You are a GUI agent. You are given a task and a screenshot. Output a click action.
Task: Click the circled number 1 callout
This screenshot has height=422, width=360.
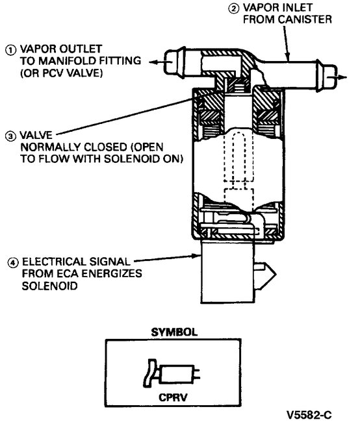(x=9, y=49)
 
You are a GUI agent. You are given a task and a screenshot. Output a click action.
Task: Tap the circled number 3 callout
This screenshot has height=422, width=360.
(x=9, y=137)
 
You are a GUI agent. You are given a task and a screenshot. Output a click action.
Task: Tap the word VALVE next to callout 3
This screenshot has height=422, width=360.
(x=36, y=137)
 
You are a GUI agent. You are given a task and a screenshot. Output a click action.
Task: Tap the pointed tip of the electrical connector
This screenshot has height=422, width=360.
(x=271, y=267)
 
